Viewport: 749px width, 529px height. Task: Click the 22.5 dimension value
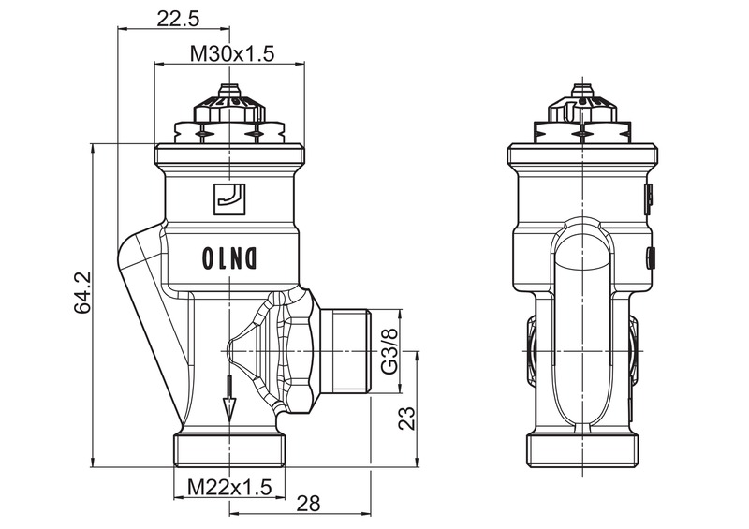tap(178, 19)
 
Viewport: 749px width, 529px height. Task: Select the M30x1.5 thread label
tap(231, 54)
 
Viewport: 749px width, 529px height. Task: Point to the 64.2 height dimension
tap(81, 292)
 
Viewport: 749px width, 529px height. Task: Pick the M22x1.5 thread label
tap(229, 488)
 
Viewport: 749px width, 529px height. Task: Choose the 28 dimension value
tap(307, 504)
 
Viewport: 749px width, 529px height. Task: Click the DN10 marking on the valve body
tap(229, 256)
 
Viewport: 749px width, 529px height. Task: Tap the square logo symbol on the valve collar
tap(229, 197)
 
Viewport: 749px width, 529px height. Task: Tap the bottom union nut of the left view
tap(229, 449)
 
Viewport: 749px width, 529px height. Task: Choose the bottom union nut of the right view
tap(583, 450)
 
